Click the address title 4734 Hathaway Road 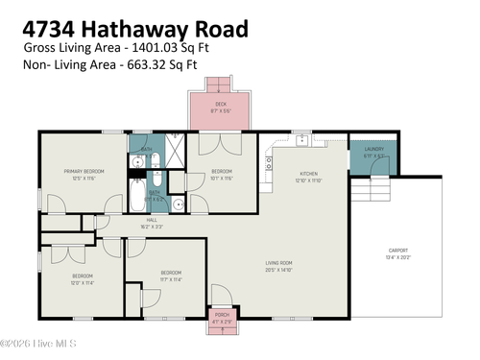pyautogui.click(x=134, y=29)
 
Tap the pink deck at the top pyautogui.click(x=221, y=110)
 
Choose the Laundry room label pyautogui.click(x=373, y=152)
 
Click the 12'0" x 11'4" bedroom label pyautogui.click(x=81, y=279)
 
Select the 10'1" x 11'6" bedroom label pyautogui.click(x=222, y=174)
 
